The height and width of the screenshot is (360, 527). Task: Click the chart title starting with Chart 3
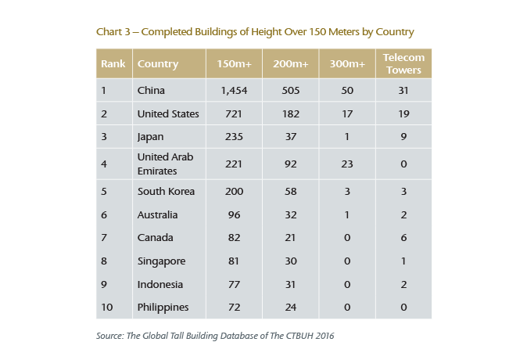click(255, 32)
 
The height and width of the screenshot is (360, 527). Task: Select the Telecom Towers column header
click(403, 64)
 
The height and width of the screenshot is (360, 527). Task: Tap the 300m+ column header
click(347, 64)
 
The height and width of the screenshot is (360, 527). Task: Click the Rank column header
click(113, 64)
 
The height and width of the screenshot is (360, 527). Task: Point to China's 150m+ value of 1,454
click(233, 91)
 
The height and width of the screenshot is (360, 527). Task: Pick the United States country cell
click(167, 113)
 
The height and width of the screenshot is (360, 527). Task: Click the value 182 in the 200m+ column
click(291, 113)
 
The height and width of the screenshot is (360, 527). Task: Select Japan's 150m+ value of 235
click(233, 136)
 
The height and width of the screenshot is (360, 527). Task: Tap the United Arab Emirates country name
click(164, 163)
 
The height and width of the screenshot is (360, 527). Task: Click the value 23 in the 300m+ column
click(347, 163)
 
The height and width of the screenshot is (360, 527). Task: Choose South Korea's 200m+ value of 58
click(291, 191)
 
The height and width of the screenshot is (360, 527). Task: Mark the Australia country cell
click(157, 214)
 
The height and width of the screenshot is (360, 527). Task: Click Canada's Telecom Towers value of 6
click(403, 237)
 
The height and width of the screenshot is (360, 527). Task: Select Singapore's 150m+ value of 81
click(233, 261)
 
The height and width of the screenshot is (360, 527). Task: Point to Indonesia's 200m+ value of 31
click(291, 284)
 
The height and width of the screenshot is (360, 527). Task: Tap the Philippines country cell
click(163, 307)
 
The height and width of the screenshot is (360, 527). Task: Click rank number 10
click(107, 307)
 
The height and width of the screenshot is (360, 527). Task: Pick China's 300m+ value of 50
click(347, 91)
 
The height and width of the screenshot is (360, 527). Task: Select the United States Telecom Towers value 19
click(403, 113)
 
